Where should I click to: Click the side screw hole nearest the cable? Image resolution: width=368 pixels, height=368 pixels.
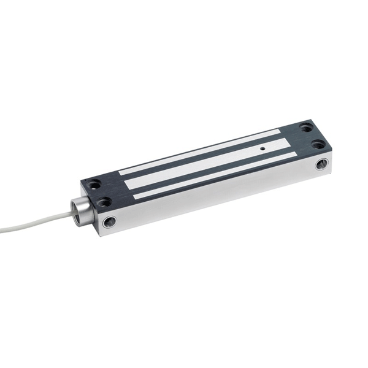pyautogui.click(x=110, y=221)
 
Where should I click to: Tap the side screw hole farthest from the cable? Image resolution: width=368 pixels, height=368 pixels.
pyautogui.click(x=321, y=164)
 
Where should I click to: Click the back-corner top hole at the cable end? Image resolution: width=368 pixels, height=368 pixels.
pyautogui.click(x=93, y=183)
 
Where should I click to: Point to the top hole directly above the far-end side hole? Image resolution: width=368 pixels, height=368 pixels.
pyautogui.click(x=318, y=145)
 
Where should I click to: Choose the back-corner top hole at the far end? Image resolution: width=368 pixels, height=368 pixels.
pyautogui.click(x=305, y=128)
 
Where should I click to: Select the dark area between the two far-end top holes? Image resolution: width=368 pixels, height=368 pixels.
pyautogui.click(x=312, y=137)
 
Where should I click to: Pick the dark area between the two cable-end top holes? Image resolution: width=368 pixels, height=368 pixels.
pyautogui.click(x=99, y=192)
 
